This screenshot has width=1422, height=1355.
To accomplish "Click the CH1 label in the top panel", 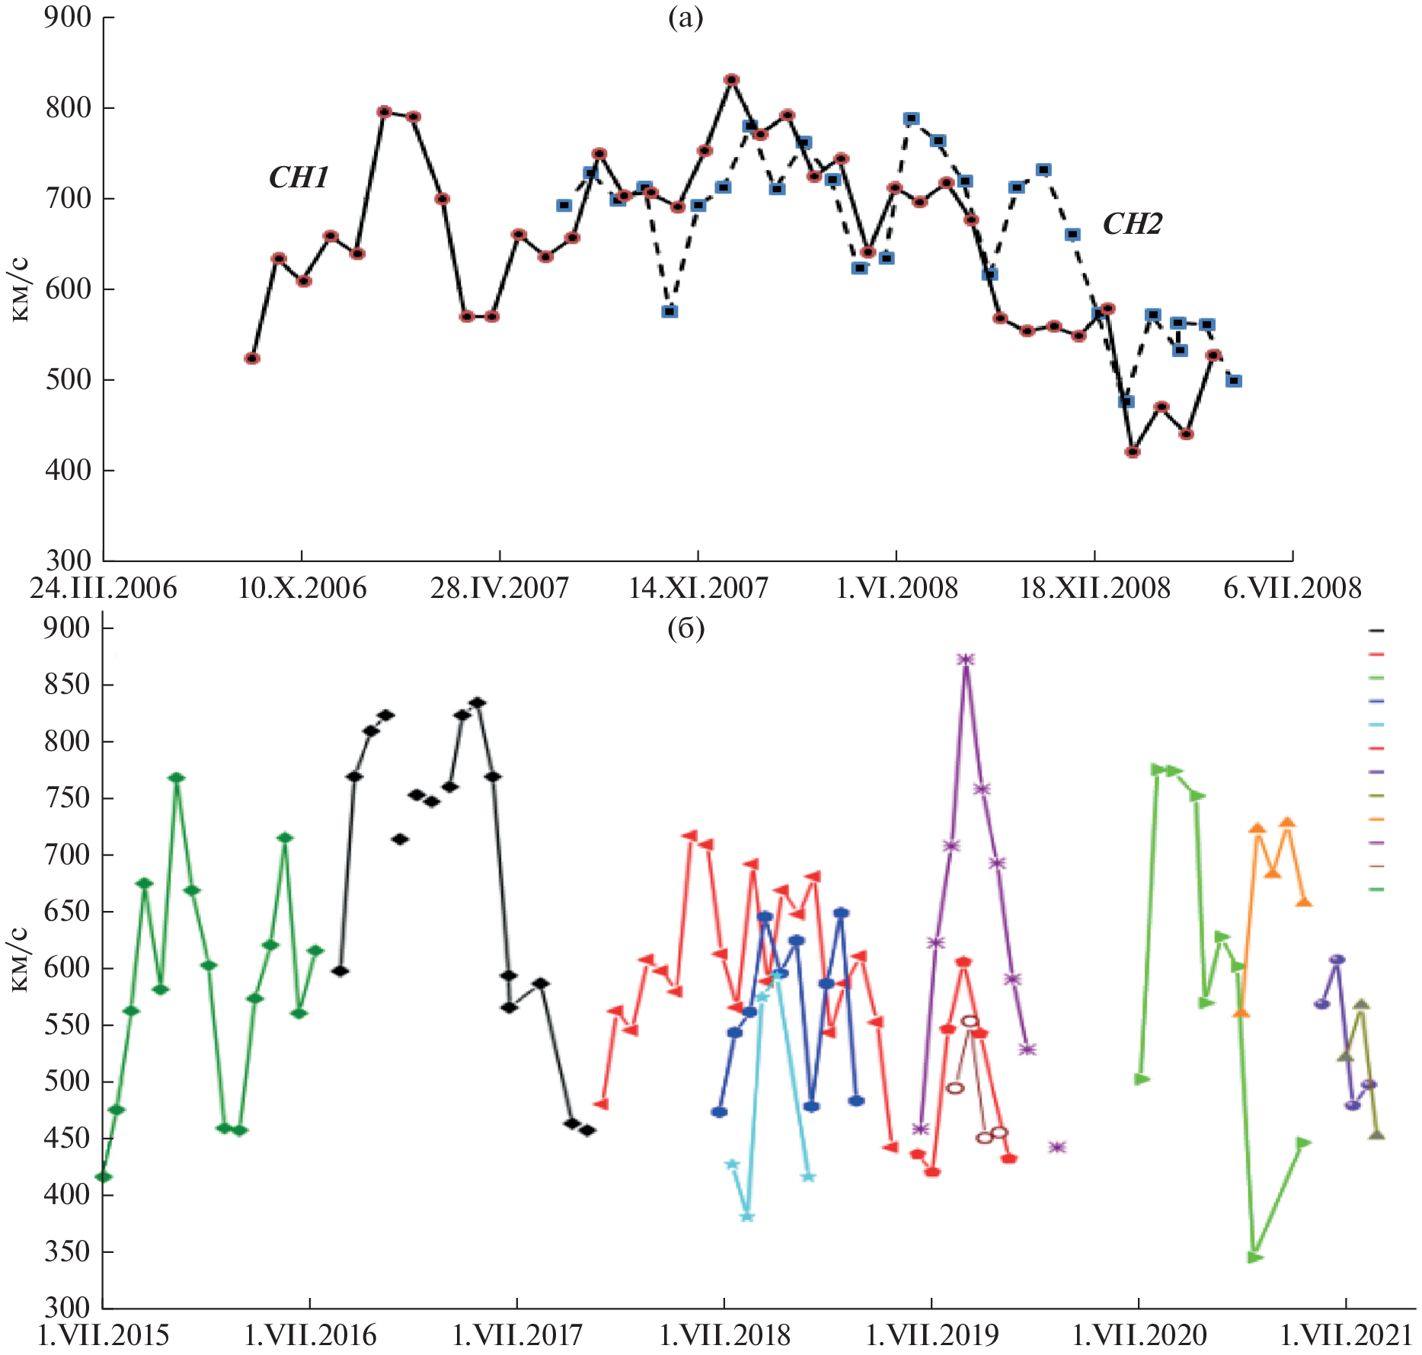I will [x=299, y=178].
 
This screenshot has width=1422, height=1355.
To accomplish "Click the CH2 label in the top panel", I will [x=1133, y=225].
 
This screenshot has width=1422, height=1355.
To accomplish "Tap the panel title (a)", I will [x=685, y=18].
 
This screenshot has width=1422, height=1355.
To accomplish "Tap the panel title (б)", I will [x=685, y=629].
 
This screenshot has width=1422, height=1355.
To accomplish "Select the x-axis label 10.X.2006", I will [x=302, y=589].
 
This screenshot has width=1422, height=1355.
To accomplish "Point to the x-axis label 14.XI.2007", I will [x=698, y=589].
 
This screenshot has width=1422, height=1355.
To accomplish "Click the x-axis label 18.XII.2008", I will [x=1094, y=589].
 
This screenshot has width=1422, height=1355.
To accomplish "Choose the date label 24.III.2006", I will [x=104, y=589].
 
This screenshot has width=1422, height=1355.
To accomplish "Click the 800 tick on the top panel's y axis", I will [x=69, y=108].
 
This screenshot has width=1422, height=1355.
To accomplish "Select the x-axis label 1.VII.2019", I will [x=932, y=1335].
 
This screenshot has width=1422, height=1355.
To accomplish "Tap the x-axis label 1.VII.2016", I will [x=311, y=1335].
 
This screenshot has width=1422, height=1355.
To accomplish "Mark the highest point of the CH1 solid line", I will [x=732, y=80].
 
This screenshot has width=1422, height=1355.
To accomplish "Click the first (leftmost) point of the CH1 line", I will [x=252, y=359].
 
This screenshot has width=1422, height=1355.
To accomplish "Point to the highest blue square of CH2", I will [x=912, y=119].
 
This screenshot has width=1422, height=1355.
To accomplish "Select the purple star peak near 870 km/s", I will [x=966, y=660].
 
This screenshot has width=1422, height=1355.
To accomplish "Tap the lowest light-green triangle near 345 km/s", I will [x=1254, y=1257].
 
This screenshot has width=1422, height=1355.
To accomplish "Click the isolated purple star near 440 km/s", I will [x=1056, y=1147].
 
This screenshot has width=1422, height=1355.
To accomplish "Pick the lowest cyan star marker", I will [x=747, y=1216].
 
